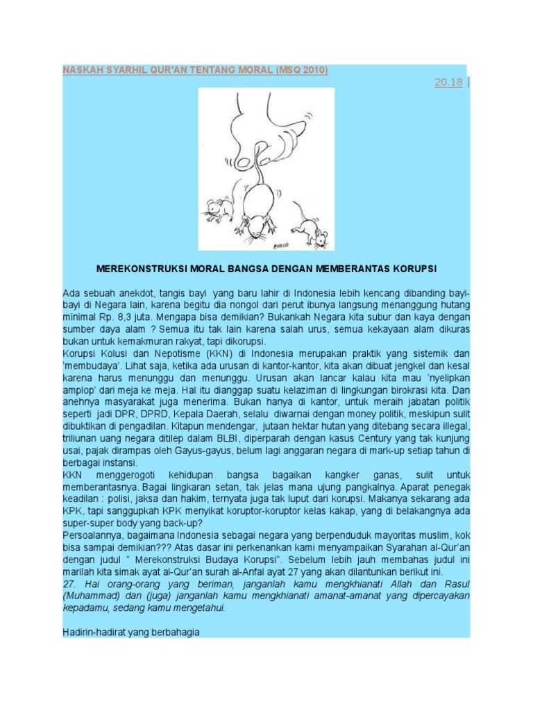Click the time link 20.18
click(448, 83)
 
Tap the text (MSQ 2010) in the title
click(301, 70)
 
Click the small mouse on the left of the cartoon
click(219, 207)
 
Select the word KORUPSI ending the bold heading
click(415, 268)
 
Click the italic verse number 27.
click(69, 584)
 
